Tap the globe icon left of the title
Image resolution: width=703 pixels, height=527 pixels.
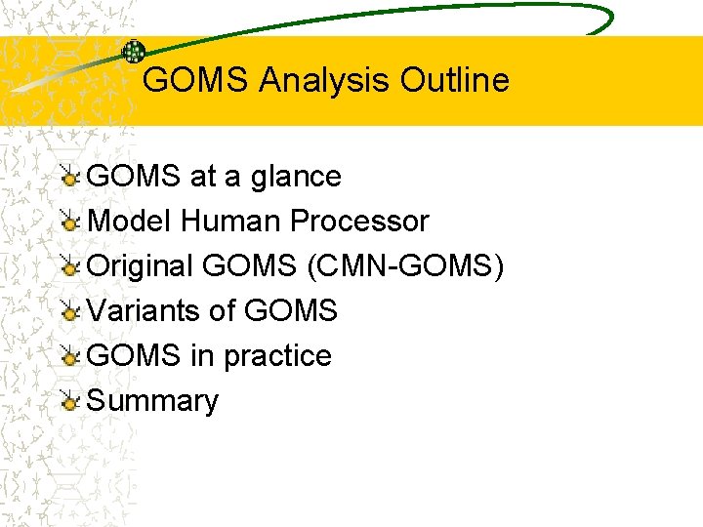[x=133, y=52]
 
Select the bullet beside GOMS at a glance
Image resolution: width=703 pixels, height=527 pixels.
[x=70, y=177]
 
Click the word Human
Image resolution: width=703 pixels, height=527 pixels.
[x=220, y=222]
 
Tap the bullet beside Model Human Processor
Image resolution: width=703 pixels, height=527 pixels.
[x=70, y=222]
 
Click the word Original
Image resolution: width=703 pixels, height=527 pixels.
[x=142, y=266]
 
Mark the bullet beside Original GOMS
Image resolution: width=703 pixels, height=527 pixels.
[x=70, y=266]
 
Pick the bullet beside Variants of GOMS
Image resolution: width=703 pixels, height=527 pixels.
[x=70, y=311]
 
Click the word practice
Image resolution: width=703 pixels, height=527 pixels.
[x=277, y=356]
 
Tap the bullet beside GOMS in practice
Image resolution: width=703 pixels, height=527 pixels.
[x=70, y=356]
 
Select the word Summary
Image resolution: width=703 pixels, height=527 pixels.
[x=153, y=401]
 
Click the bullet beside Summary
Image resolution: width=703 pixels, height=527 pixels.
[x=70, y=401]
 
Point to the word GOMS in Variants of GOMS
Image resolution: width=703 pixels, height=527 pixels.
[x=290, y=311]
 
